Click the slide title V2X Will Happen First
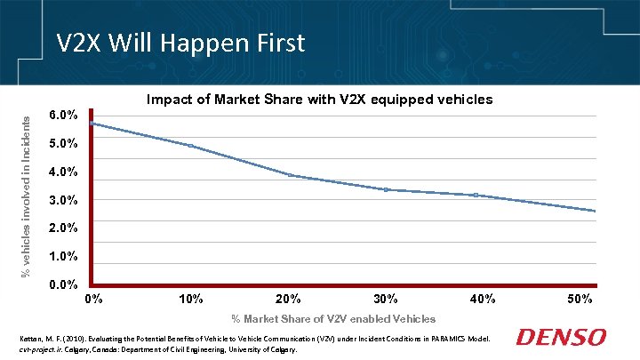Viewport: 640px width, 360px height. tap(180, 42)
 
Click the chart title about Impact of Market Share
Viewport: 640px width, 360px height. tap(319, 100)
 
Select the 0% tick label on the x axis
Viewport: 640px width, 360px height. tap(93, 299)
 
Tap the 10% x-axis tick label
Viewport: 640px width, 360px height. tap(191, 299)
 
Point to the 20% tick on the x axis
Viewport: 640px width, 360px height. tap(288, 299)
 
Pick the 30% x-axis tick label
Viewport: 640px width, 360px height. tap(386, 299)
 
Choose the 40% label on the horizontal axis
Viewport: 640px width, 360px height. tap(483, 299)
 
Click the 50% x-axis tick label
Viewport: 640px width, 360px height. tap(580, 299)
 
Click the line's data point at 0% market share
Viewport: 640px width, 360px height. tap(92, 124)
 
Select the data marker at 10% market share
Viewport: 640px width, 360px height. tap(190, 146)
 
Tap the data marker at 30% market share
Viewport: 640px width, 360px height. tap(386, 189)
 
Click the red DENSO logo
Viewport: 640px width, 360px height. tap(562, 338)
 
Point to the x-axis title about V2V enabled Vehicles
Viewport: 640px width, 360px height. tap(333, 318)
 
